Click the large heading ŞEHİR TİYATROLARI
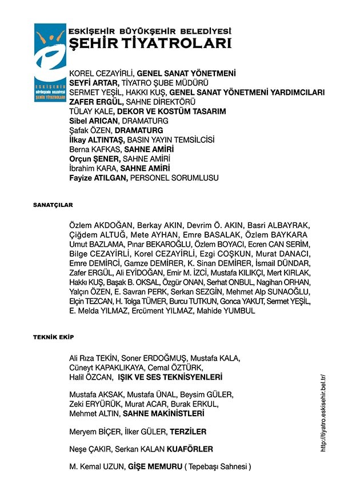tap(150, 43)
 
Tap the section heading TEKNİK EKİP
tap(53, 338)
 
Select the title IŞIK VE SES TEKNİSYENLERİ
tap(170, 378)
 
